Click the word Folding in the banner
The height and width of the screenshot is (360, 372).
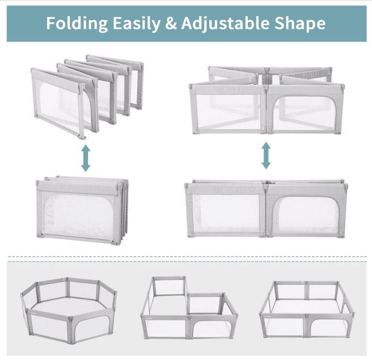pyautogui.click(x=77, y=23)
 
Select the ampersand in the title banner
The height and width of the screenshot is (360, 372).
pyautogui.click(x=171, y=23)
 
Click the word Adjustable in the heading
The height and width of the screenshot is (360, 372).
pyautogui.click(x=225, y=23)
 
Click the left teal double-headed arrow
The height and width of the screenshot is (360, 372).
pyautogui.click(x=86, y=158)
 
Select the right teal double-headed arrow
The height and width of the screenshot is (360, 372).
pyautogui.click(x=266, y=155)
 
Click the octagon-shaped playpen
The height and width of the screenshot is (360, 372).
pyautogui.click(x=69, y=310)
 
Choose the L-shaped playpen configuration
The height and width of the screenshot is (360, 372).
pyautogui.click(x=189, y=308)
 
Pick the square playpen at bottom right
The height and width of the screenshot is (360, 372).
pyautogui.click(x=307, y=309)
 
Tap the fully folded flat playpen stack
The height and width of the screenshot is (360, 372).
pyautogui.click(x=82, y=210)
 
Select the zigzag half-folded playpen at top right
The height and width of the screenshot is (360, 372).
pyautogui.click(x=267, y=100)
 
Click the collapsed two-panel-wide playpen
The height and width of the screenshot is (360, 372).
pyautogui.click(x=266, y=209)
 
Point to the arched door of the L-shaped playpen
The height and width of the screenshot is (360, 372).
pyautogui.click(x=212, y=326)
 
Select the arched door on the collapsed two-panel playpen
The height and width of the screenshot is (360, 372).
pyautogui.click(x=307, y=214)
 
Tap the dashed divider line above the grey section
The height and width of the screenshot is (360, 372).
pyautogui.click(x=187, y=256)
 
